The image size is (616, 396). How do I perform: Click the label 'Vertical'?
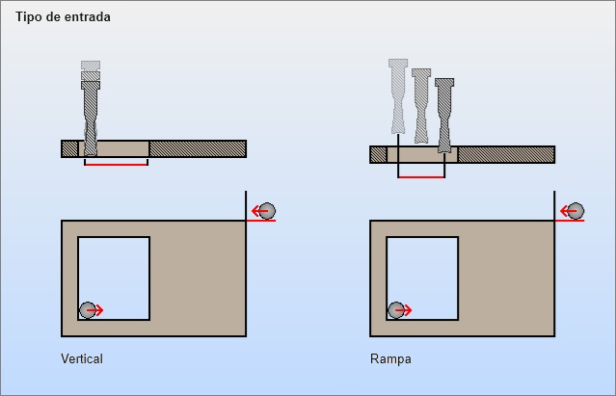81,359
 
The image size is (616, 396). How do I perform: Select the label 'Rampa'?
390,359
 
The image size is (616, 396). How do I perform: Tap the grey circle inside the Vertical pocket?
88,309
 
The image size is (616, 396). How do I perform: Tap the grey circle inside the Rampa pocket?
396,309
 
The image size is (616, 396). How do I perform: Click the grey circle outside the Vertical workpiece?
266,211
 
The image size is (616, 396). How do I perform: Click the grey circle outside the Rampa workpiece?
576,211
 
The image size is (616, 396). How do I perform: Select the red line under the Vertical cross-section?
116,164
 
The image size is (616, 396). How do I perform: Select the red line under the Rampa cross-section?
421,177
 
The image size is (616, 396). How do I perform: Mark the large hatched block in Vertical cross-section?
198,148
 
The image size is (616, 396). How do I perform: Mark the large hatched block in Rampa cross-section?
506,154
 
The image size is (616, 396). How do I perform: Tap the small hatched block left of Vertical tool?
69,148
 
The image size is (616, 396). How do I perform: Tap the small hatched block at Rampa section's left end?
378,154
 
